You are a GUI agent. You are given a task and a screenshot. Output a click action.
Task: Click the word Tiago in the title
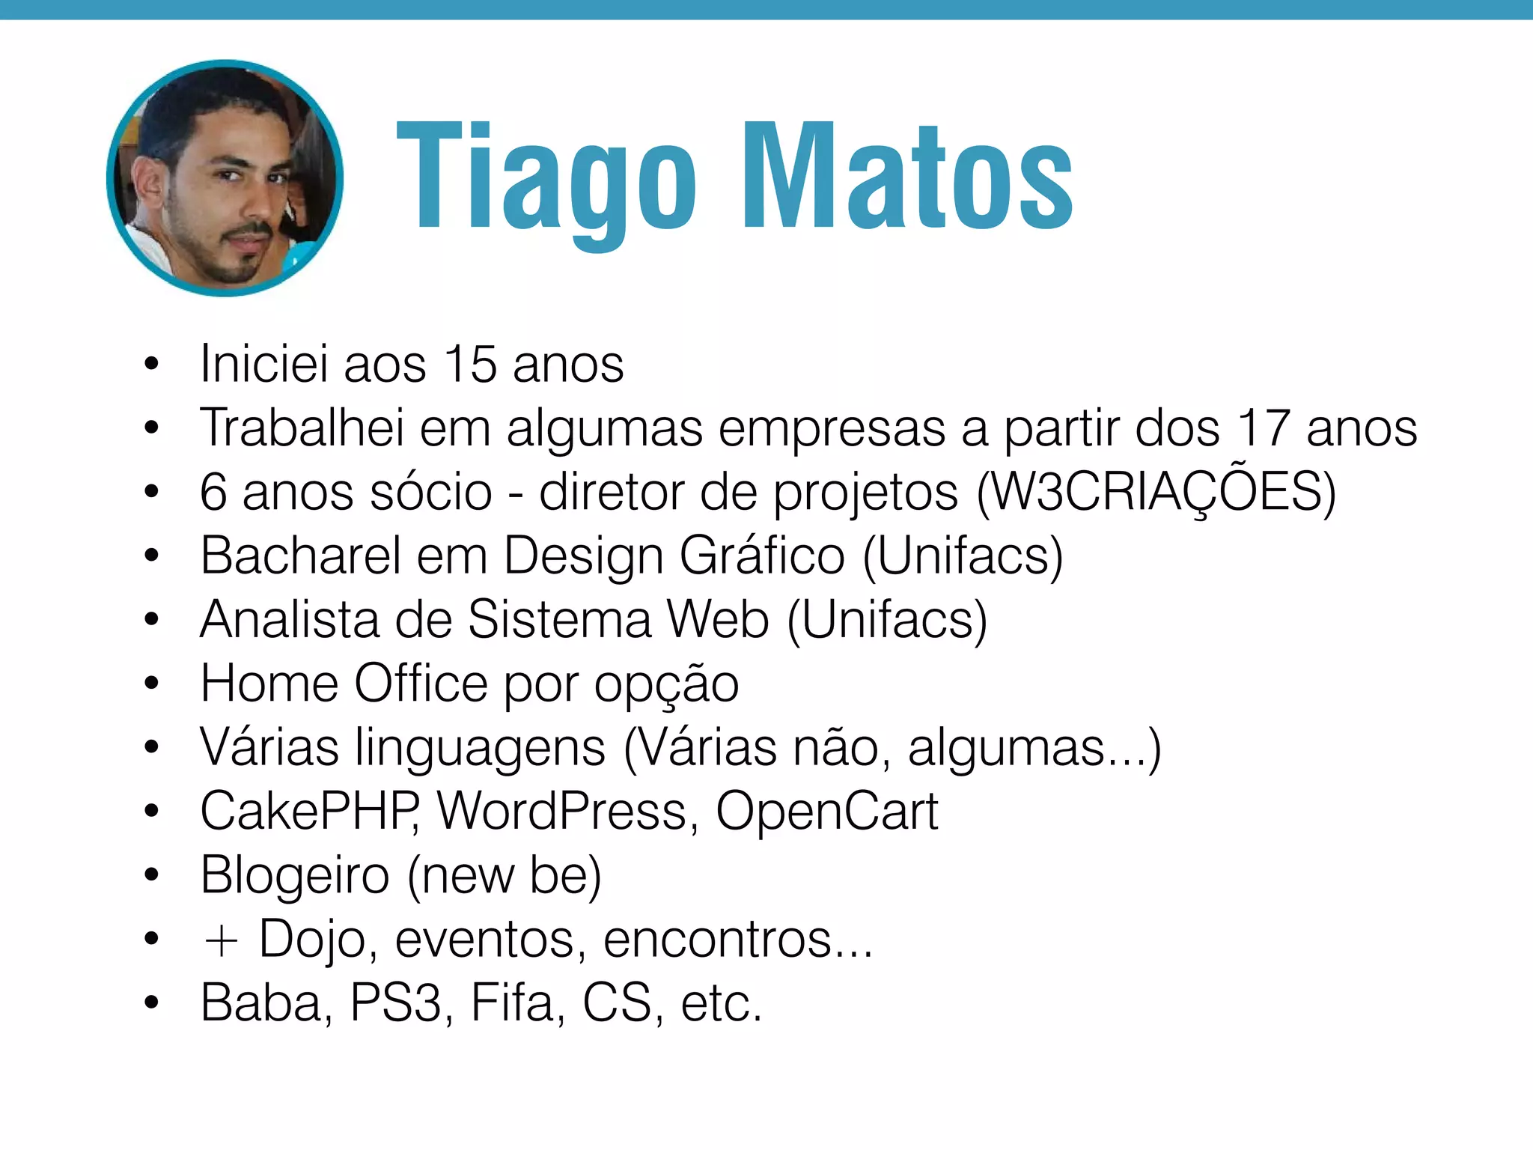coord(546,180)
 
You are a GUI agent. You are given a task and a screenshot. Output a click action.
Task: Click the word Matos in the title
coord(907,180)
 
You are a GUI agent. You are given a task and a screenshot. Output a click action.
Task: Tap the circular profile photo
coord(225,178)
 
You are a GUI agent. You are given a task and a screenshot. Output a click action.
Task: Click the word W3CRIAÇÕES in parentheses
coord(1156,492)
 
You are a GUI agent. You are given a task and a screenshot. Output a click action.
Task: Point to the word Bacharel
coord(301,556)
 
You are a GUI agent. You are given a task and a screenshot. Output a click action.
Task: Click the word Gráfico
coord(762,556)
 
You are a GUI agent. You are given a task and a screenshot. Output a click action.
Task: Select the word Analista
coord(290,620)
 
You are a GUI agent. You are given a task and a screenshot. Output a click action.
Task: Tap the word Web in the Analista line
coord(718,620)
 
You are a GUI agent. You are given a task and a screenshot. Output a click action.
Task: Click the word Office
coord(421,684)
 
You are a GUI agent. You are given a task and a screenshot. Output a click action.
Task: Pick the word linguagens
coord(480,748)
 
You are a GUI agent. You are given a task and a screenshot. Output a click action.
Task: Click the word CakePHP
coord(309,812)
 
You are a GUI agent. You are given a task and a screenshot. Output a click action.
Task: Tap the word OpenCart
coord(826,812)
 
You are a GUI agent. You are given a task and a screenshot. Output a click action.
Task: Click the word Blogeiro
coord(295,875)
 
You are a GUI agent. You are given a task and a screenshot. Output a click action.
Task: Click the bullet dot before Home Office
coord(152,684)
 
